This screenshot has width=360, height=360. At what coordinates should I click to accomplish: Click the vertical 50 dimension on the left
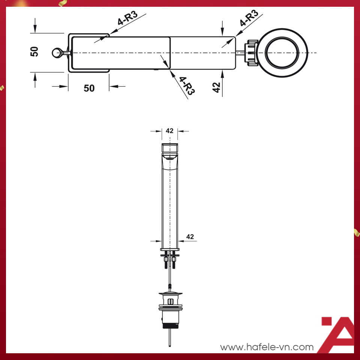(x=34, y=51)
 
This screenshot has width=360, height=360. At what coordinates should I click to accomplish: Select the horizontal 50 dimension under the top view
(x=89, y=88)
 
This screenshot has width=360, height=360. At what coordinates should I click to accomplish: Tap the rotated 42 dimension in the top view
(x=216, y=87)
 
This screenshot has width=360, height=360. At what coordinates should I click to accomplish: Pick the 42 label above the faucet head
(x=169, y=131)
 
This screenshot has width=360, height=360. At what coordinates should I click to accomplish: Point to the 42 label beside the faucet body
(x=190, y=237)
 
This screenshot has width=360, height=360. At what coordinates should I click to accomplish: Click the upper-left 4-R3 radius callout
(x=127, y=18)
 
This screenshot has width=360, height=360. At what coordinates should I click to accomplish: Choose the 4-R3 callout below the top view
(x=186, y=86)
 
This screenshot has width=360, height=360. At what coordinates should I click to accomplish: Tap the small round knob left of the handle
(x=57, y=53)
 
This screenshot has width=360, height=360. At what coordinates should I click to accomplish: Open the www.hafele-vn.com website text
(x=267, y=347)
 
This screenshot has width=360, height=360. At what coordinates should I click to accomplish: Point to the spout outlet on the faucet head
(x=169, y=159)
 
